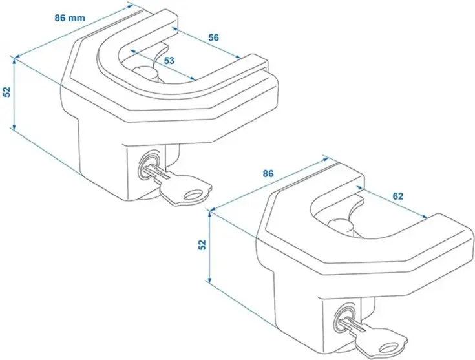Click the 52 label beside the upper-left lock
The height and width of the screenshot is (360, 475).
pyautogui.click(x=6, y=92)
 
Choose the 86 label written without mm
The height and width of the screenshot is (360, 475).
pyautogui.click(x=269, y=174)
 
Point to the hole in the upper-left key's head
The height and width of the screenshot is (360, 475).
pyautogui.click(x=193, y=193)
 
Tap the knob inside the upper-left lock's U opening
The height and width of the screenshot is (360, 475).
pyautogui.click(x=145, y=70)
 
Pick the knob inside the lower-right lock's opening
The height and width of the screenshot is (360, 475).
pyautogui.click(x=342, y=226)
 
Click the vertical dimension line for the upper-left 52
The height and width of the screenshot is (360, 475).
pyautogui.click(x=15, y=92)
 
